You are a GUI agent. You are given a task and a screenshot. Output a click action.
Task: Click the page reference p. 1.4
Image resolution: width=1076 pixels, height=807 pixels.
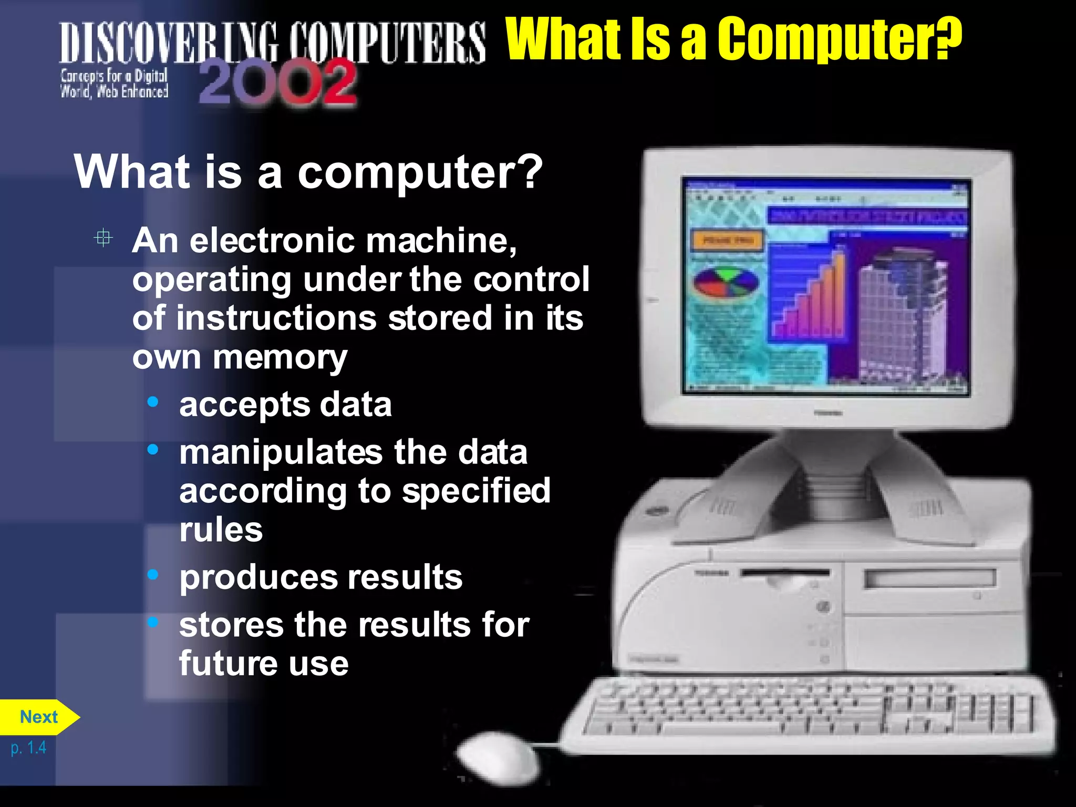pos(28,747)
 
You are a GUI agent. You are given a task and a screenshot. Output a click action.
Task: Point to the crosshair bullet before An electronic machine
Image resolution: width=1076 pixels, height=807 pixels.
pos(104,238)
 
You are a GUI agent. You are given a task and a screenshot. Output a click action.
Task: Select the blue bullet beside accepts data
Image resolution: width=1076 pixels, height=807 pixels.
pos(153,402)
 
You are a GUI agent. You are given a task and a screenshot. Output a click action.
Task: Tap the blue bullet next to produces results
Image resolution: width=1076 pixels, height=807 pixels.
pos(153,575)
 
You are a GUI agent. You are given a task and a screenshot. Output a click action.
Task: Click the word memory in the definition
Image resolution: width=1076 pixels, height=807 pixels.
pos(280,358)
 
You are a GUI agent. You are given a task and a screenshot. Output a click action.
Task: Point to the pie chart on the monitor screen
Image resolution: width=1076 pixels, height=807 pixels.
pos(726,283)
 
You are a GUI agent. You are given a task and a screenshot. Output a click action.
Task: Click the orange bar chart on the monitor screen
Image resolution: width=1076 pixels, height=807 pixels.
pos(812,299)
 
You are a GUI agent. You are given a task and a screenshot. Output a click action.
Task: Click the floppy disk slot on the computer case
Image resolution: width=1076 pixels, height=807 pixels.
pos(785,573)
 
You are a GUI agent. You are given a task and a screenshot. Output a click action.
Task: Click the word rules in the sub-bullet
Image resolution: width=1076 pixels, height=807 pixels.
pos(221,530)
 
